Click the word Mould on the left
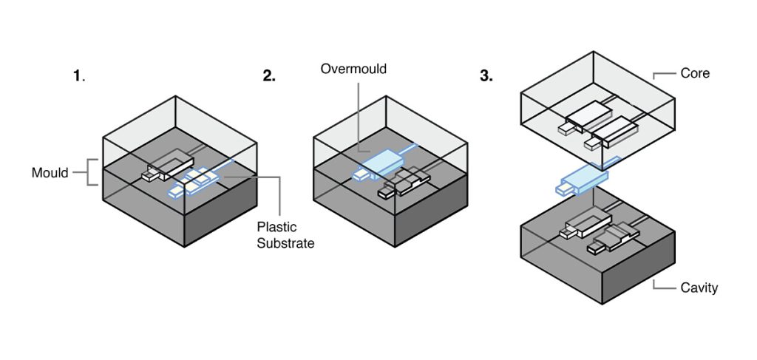tap(50, 173)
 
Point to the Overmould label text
tap(353, 69)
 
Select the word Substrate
tap(285, 242)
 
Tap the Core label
tap(695, 73)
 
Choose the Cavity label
tap(699, 288)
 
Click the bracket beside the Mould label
tap(89, 172)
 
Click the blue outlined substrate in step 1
tap(196, 182)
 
